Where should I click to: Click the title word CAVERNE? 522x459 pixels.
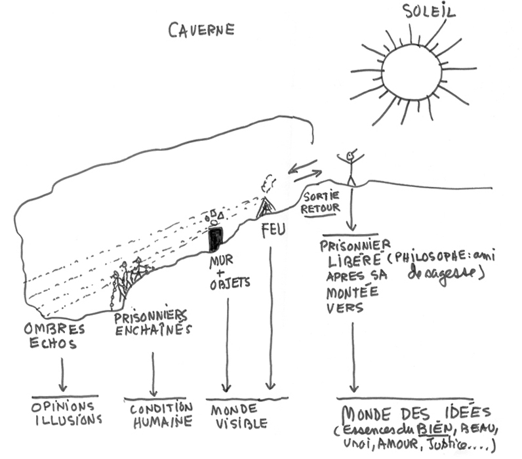(201, 30)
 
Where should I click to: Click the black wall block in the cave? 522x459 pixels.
(214, 239)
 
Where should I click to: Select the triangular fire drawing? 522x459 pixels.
(266, 208)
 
